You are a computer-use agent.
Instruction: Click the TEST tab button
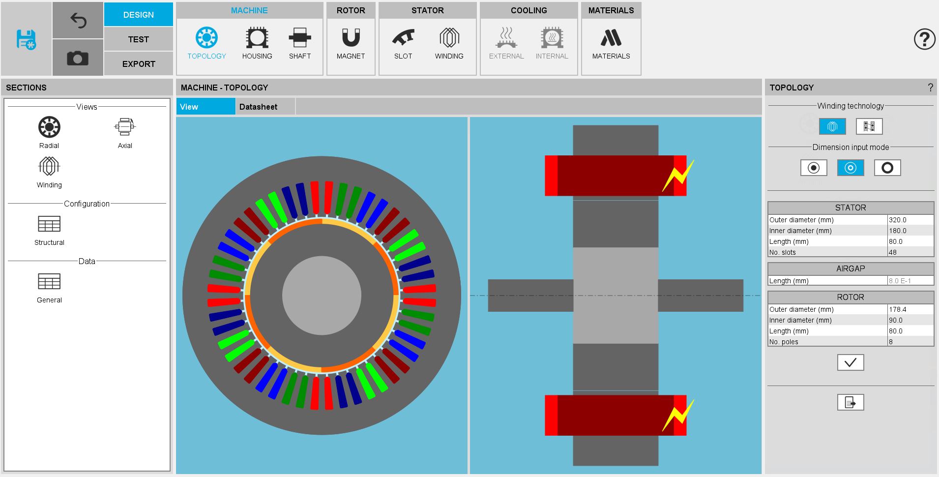(x=138, y=39)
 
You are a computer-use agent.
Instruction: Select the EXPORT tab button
(x=138, y=64)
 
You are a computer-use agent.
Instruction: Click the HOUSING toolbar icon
(x=257, y=38)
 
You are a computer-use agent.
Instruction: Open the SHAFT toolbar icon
(x=300, y=38)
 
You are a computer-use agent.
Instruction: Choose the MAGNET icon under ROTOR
(x=351, y=38)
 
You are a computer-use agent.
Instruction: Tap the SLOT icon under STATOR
(x=403, y=38)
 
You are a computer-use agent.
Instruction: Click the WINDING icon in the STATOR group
(x=449, y=38)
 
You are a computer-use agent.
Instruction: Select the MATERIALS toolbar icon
(x=611, y=38)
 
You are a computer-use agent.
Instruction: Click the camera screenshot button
(x=78, y=58)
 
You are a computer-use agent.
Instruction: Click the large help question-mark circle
(x=925, y=39)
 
